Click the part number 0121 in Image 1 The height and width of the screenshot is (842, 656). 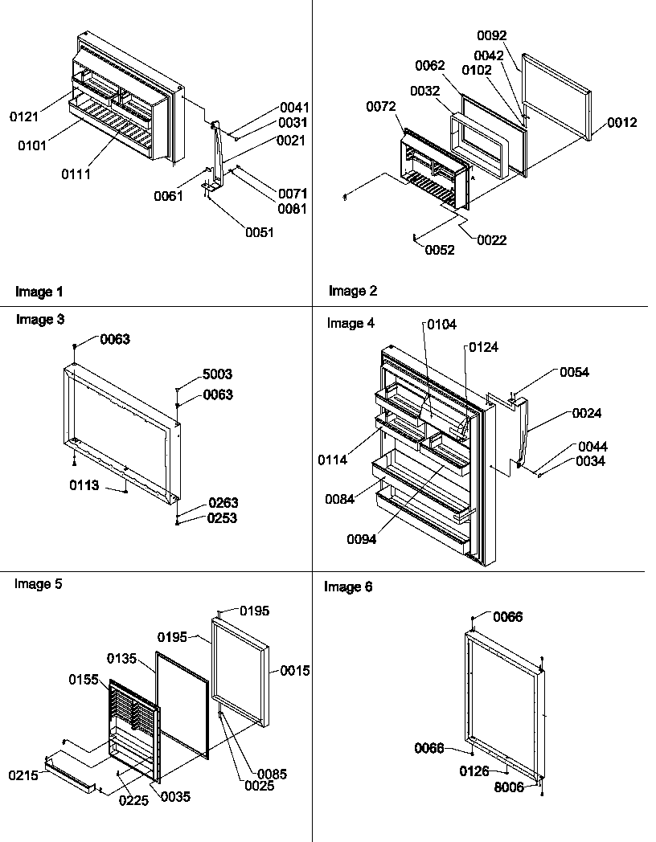[x=24, y=116]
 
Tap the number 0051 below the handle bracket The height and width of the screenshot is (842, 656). [x=260, y=233]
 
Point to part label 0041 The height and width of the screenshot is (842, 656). [x=294, y=107]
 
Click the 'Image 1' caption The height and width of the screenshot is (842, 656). [x=39, y=292]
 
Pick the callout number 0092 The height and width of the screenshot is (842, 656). [x=492, y=35]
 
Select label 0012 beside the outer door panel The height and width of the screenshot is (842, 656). [x=622, y=122]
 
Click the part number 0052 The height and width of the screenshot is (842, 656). [x=441, y=250]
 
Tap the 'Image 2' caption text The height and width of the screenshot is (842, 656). [x=352, y=291]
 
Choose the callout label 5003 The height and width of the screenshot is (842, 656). [x=217, y=374]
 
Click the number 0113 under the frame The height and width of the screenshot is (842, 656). [x=84, y=485]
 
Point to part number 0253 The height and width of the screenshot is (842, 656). [x=223, y=518]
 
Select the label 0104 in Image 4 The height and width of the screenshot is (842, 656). [x=441, y=325]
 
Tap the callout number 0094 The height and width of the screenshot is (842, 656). [x=362, y=539]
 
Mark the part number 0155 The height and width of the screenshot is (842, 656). [x=84, y=680]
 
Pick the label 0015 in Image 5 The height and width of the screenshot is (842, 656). [x=296, y=670]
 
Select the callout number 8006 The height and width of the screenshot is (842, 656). [x=510, y=787]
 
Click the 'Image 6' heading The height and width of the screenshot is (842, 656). [x=348, y=587]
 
